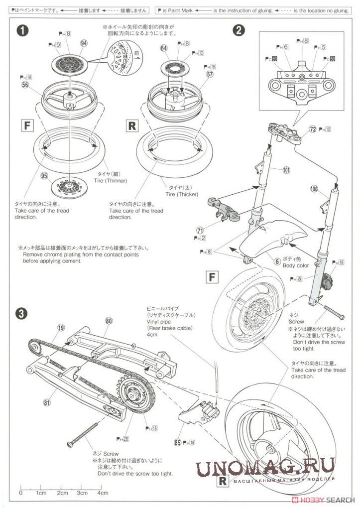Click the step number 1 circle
pyautogui.click(x=21, y=30)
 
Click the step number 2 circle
pyautogui.click(x=240, y=30)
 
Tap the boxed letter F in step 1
pyautogui.click(x=27, y=125)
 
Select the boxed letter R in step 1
pyautogui.click(x=131, y=125)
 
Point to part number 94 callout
pyautogui.click(x=83, y=43)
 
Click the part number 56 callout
pyautogui.click(x=25, y=85)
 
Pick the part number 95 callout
pyautogui.click(x=44, y=175)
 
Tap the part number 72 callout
pyautogui.click(x=312, y=129)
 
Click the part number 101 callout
pyautogui.click(x=286, y=169)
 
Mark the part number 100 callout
pyautogui.click(x=314, y=189)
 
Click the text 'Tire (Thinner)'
pyautogui.click(x=113, y=180)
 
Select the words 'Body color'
pyautogui.click(x=296, y=265)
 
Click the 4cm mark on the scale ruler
pyautogui.click(x=102, y=493)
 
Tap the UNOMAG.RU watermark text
pyautogui.click(x=264, y=469)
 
